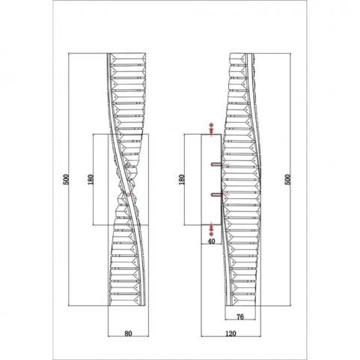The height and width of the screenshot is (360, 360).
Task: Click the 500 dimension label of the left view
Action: point(66,180)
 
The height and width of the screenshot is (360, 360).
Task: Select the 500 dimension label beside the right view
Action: point(288,180)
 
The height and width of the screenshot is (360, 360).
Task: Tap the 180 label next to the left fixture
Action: point(91,180)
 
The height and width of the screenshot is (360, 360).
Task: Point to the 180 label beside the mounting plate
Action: point(182,180)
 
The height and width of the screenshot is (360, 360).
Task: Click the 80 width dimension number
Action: point(128,333)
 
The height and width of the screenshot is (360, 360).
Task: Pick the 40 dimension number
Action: point(211,241)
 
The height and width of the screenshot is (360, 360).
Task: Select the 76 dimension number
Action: point(240,317)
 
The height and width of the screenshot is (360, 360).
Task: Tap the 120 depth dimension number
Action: point(231,333)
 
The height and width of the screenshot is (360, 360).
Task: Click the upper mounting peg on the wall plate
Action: point(216,164)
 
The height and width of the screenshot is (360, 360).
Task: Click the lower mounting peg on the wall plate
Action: point(216,195)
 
